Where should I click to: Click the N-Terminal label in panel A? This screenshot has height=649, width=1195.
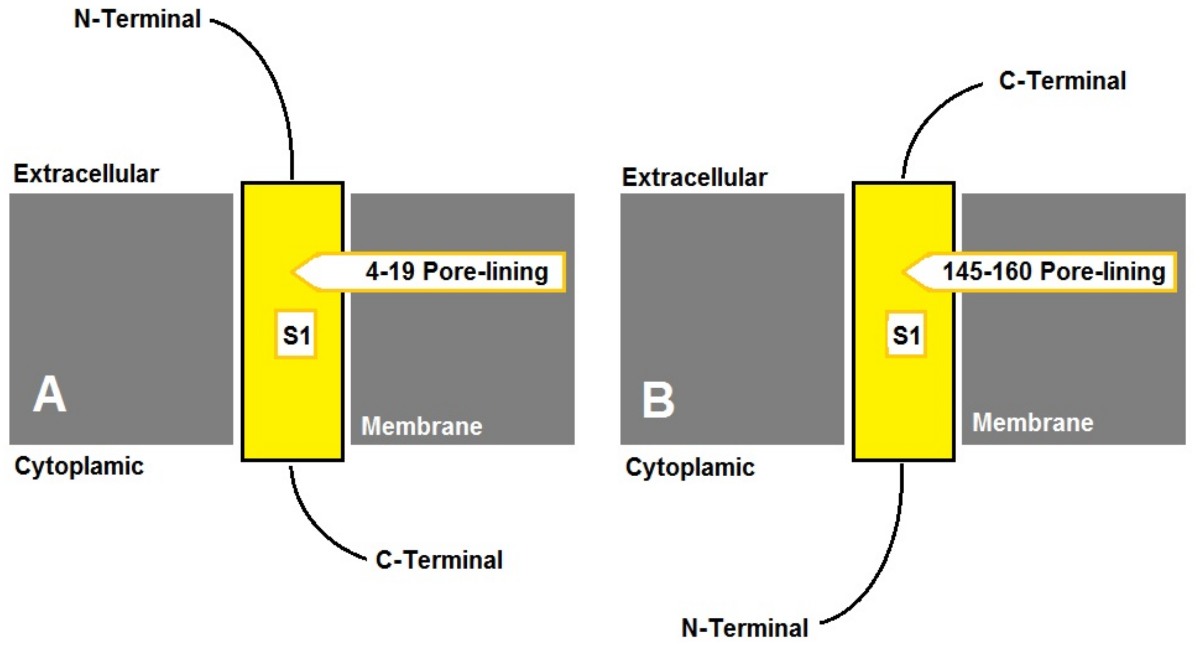point(137,20)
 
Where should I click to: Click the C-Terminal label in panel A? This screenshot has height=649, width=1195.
point(439,560)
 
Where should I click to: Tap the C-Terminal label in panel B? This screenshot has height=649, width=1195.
point(1062,81)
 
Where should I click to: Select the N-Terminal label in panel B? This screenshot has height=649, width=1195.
point(745,628)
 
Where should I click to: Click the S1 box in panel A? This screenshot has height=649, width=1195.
point(296,335)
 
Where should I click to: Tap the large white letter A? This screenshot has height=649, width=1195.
point(49,395)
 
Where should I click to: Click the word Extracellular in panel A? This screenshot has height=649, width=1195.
point(86,174)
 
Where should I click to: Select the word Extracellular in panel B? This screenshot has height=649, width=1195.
point(694,177)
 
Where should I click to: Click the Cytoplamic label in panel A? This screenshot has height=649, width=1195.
point(79,465)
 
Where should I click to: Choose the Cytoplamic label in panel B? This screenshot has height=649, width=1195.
point(690,467)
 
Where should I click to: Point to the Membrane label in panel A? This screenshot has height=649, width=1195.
point(422,426)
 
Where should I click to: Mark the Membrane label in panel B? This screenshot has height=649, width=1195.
point(1033,422)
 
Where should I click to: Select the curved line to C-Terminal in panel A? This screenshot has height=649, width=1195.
point(316,525)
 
